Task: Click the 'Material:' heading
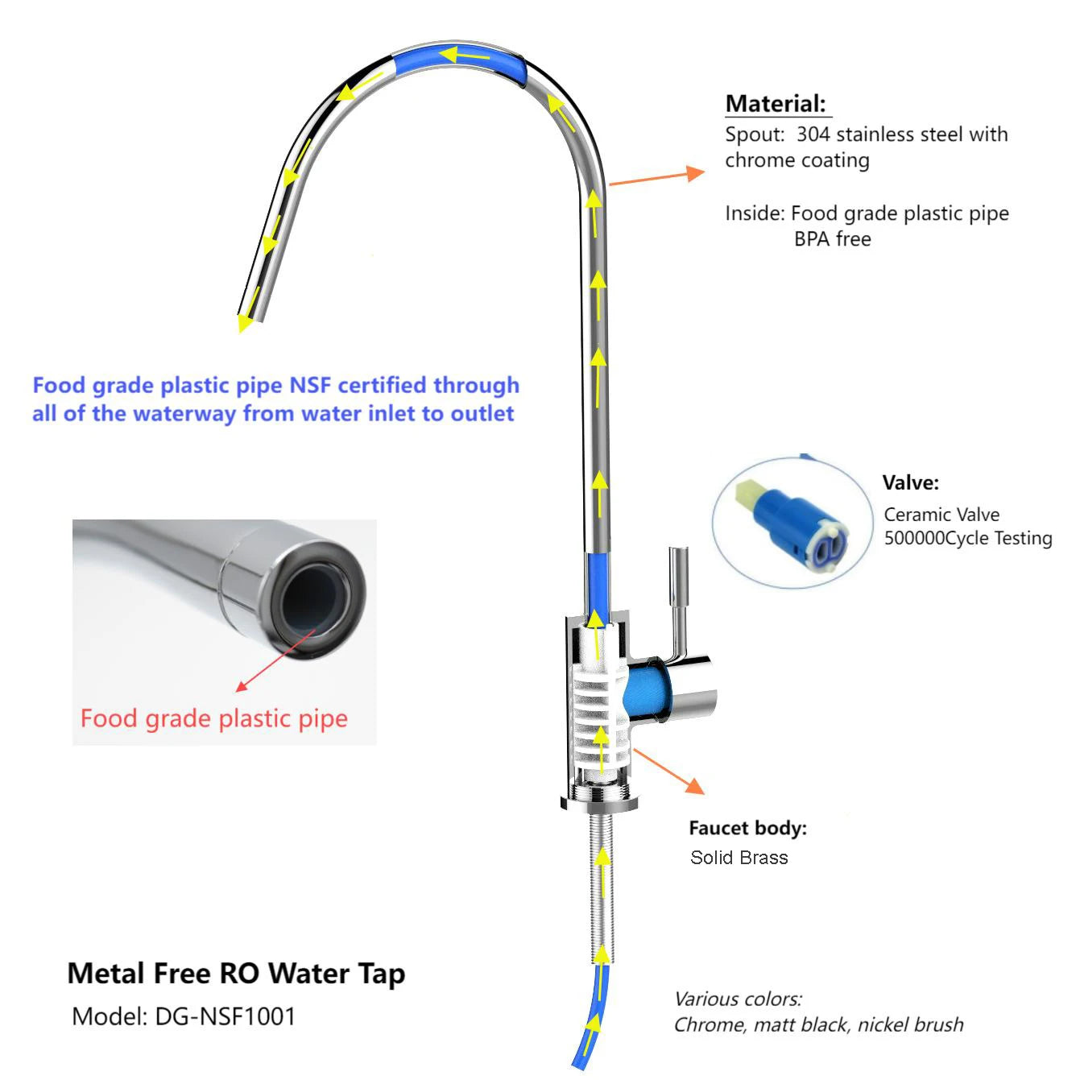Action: pos(775,104)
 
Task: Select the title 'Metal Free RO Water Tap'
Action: pos(236,974)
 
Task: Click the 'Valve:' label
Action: pos(910,483)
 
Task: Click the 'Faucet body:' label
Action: pos(747,828)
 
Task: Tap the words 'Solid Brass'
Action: pos(739,858)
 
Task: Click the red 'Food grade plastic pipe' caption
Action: pos(213,718)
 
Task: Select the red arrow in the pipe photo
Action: pos(275,661)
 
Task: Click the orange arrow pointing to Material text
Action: pos(656,178)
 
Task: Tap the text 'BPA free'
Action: pos(832,239)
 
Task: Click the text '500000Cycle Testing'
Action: pos(967,538)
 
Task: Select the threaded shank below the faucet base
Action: pos(601,886)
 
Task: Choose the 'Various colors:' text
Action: pos(738,999)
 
